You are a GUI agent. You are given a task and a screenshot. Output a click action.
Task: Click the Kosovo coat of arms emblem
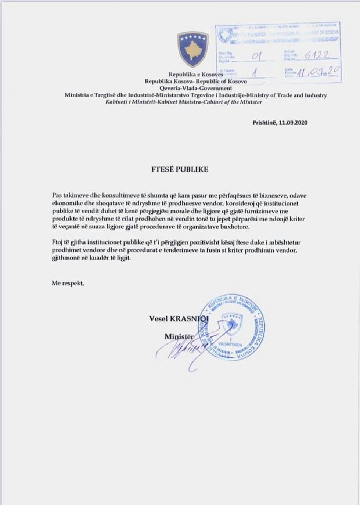193,49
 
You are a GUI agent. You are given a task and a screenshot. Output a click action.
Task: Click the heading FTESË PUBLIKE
180,169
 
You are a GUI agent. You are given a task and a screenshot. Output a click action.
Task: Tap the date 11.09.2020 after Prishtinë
293,123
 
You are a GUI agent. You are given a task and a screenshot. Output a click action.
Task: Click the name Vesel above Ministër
158,319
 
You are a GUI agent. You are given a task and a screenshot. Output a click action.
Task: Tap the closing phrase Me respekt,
68,283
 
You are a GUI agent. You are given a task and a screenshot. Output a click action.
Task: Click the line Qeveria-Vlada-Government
195,88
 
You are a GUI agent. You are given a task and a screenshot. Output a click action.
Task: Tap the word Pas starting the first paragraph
57,196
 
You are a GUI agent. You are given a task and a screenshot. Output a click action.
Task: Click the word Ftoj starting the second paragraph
57,243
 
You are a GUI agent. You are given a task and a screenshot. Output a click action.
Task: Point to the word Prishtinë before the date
264,123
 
